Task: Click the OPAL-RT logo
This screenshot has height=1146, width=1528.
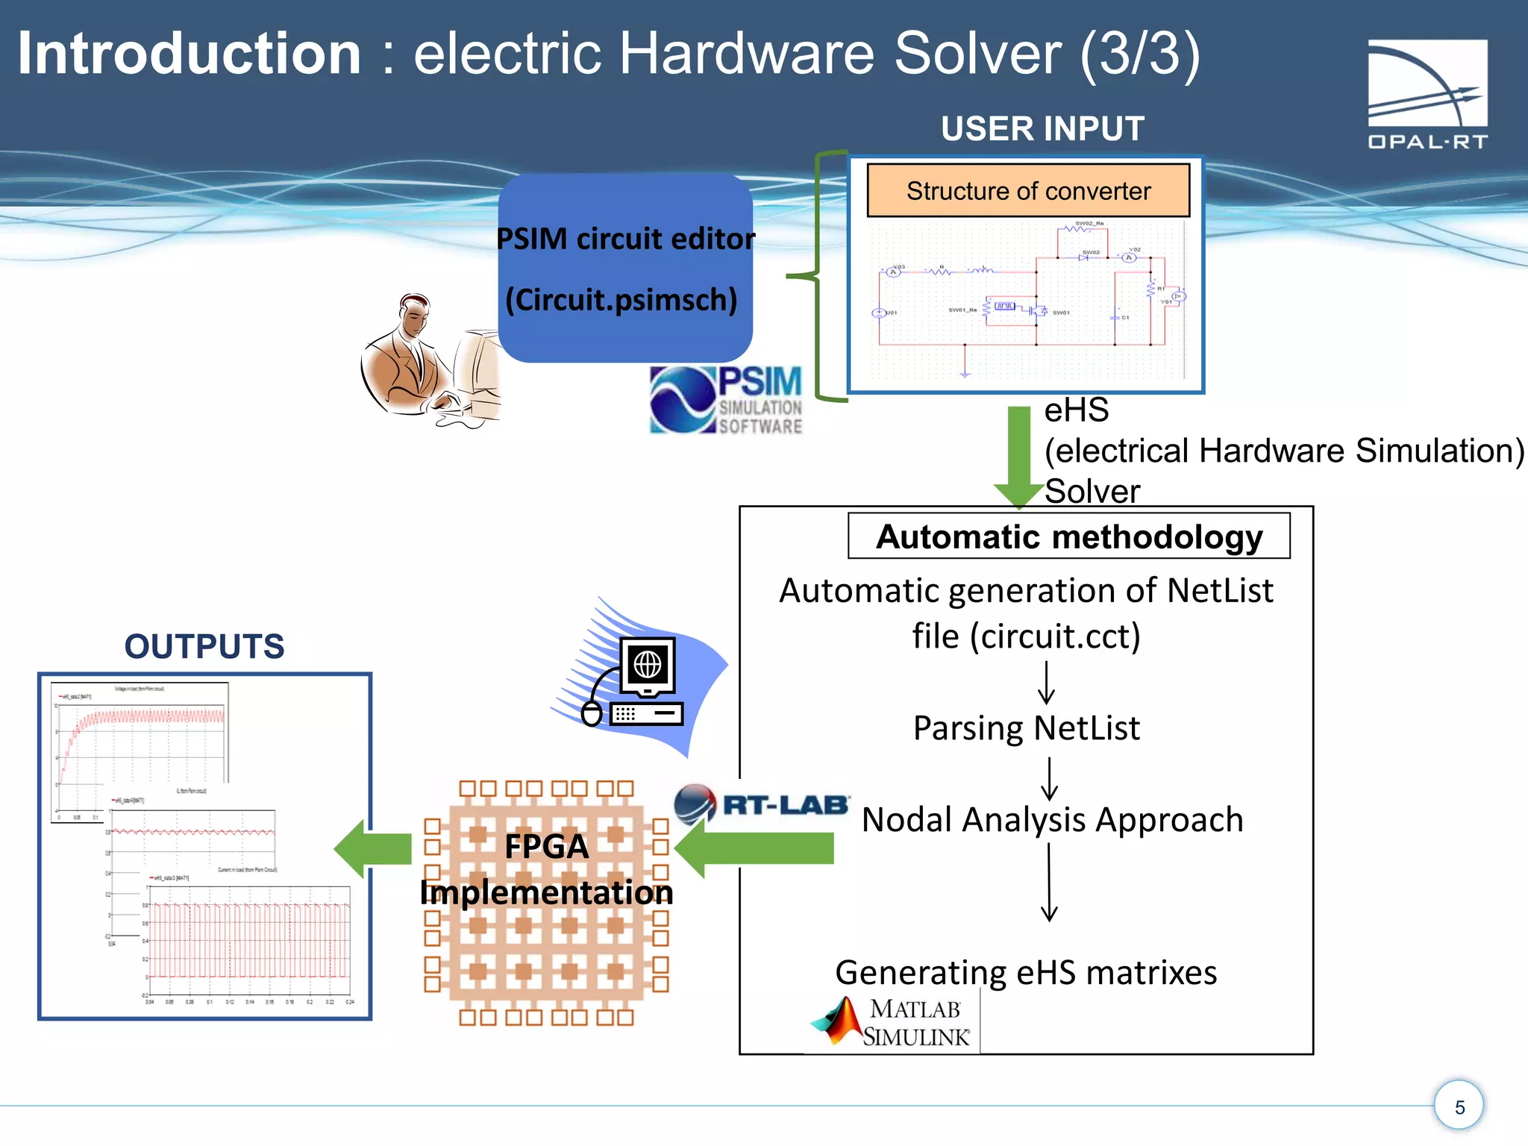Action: (1427, 93)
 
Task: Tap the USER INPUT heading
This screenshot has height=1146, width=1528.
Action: (1042, 128)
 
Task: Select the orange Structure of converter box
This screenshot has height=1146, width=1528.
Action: (1027, 191)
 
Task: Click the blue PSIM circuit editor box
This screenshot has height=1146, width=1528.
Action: (625, 269)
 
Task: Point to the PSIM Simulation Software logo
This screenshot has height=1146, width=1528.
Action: (726, 400)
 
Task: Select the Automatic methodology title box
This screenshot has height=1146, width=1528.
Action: (1068, 536)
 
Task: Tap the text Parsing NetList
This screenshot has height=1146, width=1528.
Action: (1026, 728)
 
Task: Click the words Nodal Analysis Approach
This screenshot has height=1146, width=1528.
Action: (1052, 819)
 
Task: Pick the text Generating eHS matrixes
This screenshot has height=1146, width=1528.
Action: (1026, 972)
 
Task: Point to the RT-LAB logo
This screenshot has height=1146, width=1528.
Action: (761, 804)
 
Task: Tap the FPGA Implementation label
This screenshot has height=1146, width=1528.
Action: (546, 870)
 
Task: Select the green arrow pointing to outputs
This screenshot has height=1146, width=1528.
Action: (373, 849)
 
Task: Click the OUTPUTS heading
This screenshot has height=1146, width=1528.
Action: (204, 646)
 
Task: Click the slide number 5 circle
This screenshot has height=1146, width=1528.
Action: (1459, 1106)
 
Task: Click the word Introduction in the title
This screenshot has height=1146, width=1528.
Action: (190, 54)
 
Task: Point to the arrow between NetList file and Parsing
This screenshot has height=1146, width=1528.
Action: (1046, 683)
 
